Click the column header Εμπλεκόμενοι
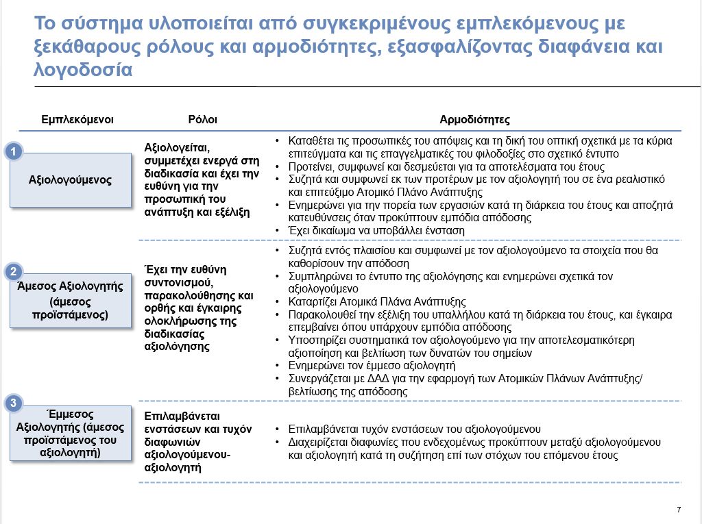[x=77, y=119]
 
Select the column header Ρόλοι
[x=202, y=119]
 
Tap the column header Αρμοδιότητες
[x=474, y=119]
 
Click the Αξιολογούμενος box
[x=70, y=180]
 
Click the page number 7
[x=679, y=509]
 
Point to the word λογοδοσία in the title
[x=82, y=70]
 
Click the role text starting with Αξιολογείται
[x=202, y=179]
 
